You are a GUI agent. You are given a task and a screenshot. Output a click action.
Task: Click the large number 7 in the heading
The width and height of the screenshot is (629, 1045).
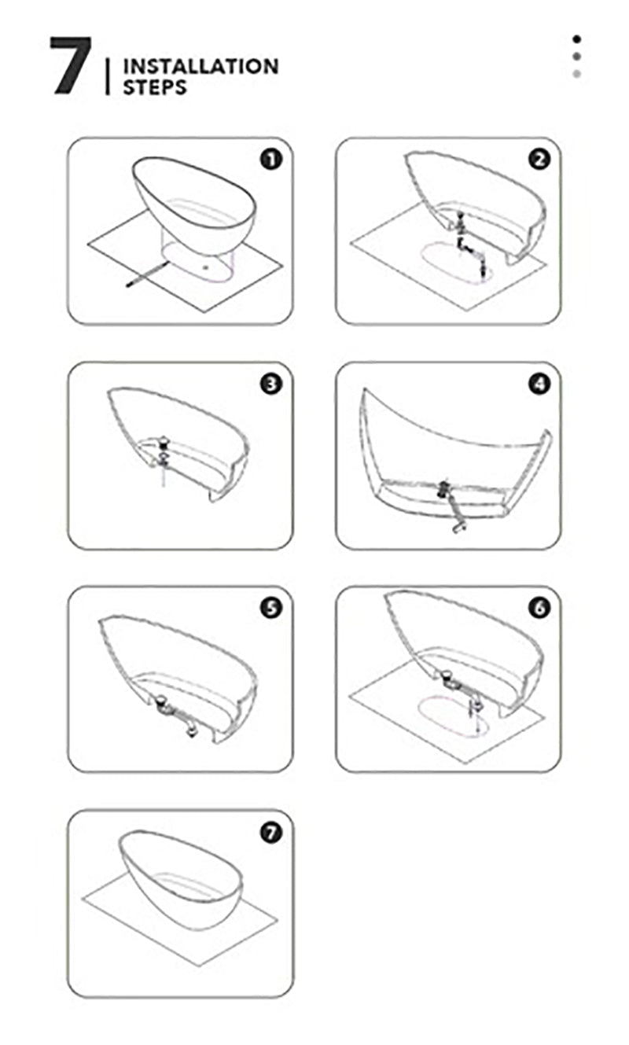71,66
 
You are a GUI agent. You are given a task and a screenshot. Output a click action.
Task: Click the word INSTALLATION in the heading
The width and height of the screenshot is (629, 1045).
200,67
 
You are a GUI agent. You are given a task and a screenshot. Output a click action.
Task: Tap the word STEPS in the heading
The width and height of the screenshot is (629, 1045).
154,87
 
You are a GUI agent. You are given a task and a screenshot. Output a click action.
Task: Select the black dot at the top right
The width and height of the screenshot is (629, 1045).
577,39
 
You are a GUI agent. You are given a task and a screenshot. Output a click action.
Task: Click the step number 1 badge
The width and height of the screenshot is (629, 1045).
271,160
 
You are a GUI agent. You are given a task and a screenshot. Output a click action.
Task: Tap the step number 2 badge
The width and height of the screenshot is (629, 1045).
539,160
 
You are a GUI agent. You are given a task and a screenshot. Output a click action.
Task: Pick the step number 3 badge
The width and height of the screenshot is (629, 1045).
271,384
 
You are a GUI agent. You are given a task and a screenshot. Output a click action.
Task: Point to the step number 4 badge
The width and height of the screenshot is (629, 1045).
539,384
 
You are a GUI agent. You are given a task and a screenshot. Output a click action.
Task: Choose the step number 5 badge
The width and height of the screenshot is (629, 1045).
271,608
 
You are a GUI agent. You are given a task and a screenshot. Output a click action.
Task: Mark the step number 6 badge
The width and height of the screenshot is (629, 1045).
539,608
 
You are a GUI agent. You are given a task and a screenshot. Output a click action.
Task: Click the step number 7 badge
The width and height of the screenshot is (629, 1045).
271,833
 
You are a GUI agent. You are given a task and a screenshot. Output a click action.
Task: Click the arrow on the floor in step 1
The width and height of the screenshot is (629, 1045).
148,274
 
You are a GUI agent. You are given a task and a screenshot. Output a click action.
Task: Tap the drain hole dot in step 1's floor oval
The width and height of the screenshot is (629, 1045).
206,268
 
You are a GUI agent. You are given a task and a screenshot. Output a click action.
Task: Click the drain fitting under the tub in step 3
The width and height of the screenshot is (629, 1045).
164,451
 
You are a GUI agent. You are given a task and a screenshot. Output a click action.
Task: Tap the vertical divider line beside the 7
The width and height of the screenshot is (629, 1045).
108,77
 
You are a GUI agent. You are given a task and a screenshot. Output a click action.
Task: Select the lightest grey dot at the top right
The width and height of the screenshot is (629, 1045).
577,74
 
